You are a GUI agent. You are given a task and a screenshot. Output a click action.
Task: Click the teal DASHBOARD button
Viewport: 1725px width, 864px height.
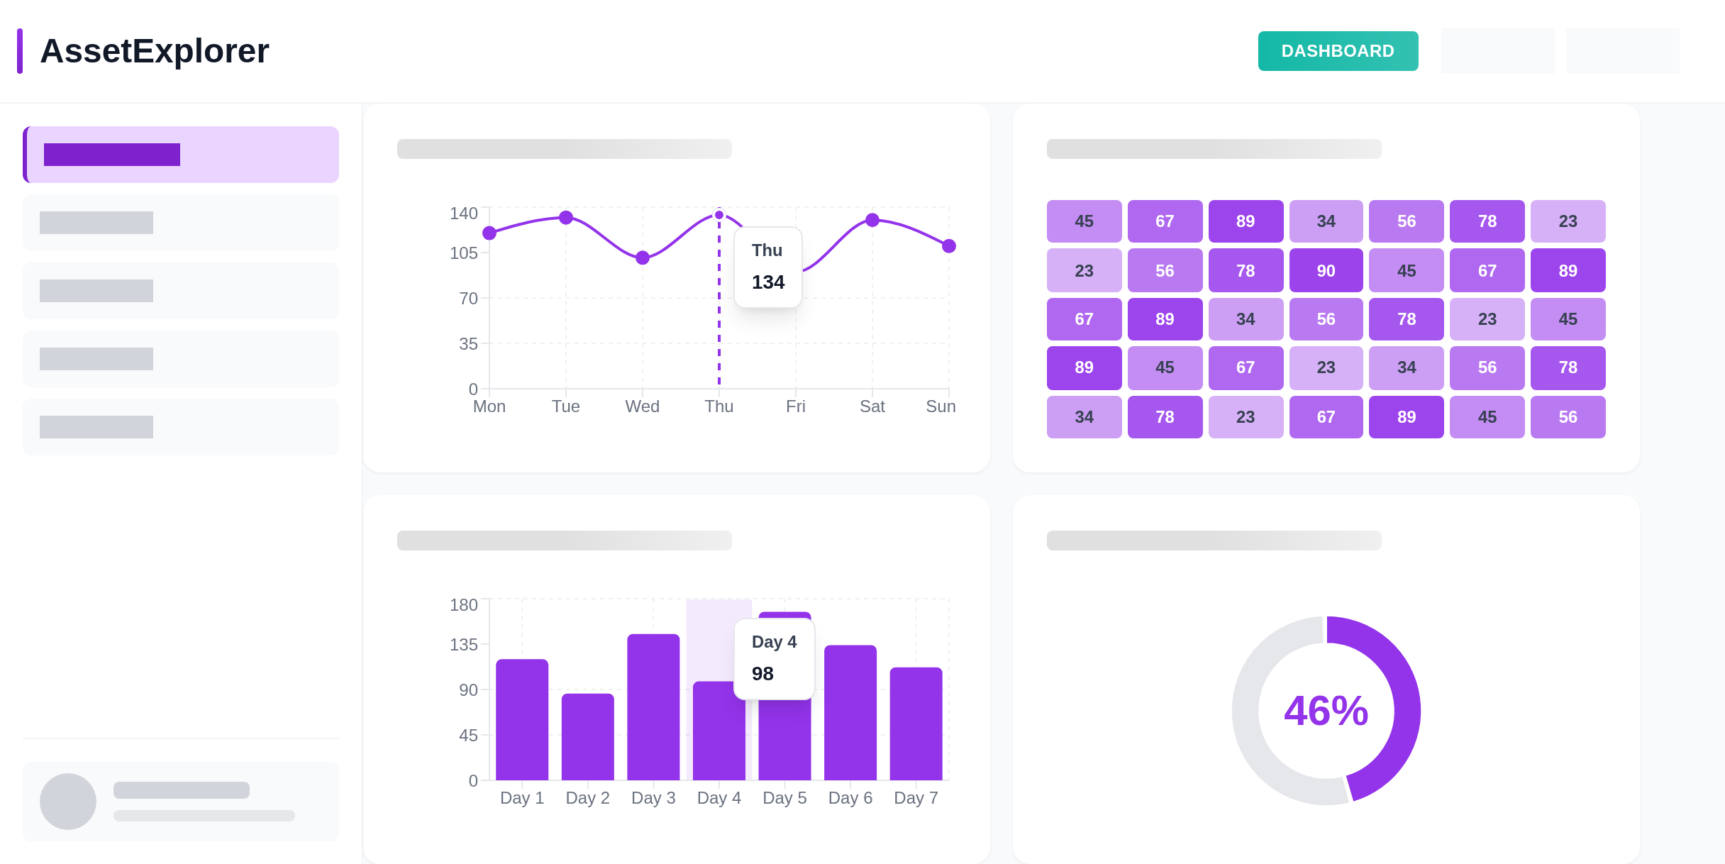pyautogui.click(x=1338, y=51)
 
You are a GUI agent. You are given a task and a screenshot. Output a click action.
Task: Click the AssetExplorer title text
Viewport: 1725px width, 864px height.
pyautogui.click(x=155, y=51)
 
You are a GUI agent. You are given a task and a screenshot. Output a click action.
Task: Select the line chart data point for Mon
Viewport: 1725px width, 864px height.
pyautogui.click(x=489, y=233)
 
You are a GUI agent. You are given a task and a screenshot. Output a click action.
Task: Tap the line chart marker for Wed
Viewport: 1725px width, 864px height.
pyautogui.click(x=643, y=257)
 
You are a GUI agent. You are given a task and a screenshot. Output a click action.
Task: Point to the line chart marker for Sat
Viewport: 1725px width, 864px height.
pyautogui.click(x=872, y=220)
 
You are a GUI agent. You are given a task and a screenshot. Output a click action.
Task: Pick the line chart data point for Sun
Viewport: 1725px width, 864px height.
pyautogui.click(x=949, y=246)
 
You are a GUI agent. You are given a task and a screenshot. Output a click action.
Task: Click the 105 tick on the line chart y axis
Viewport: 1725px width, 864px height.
pyautogui.click(x=464, y=253)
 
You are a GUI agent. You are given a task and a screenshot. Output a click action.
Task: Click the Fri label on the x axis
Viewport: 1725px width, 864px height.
pyautogui.click(x=796, y=406)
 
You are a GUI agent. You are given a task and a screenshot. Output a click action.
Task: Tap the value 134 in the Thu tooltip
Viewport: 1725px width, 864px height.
pyautogui.click(x=768, y=282)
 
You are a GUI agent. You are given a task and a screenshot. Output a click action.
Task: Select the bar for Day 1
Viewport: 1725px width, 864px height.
pyautogui.click(x=522, y=720)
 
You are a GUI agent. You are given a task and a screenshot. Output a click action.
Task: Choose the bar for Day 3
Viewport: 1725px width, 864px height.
pyautogui.click(x=653, y=707)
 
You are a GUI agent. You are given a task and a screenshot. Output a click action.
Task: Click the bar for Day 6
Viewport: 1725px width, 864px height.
pyautogui.click(x=850, y=713)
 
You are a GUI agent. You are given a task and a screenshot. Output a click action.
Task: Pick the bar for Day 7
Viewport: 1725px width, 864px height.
pyautogui.click(x=916, y=724)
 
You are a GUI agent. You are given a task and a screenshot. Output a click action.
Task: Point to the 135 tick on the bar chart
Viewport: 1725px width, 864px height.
pyautogui.click(x=464, y=645)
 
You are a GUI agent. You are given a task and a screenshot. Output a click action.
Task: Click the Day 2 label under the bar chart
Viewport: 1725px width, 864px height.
pyautogui.click(x=587, y=798)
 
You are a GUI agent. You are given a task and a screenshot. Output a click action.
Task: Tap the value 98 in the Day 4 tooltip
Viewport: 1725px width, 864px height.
pyautogui.click(x=762, y=674)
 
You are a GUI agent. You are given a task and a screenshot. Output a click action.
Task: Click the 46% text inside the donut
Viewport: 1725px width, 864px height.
pyautogui.click(x=1326, y=711)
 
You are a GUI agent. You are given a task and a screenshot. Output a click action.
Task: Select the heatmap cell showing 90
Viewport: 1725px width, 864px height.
pyautogui.click(x=1326, y=271)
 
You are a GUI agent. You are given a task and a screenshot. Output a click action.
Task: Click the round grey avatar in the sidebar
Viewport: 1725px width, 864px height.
pyautogui.click(x=68, y=802)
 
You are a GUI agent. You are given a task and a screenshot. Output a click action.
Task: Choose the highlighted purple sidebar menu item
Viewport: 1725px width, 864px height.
pyautogui.click(x=181, y=155)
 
